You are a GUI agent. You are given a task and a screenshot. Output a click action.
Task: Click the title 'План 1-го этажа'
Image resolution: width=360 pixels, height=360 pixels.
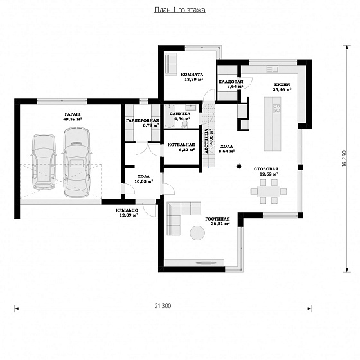point(180,10)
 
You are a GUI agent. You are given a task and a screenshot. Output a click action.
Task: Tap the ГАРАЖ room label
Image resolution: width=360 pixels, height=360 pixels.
point(73,114)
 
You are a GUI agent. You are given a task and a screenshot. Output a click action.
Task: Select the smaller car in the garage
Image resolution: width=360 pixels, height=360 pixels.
point(44,161)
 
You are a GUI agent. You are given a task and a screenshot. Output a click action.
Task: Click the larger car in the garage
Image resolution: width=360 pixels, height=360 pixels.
point(76,162)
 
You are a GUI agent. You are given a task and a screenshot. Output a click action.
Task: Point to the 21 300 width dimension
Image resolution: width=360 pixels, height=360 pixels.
point(163,305)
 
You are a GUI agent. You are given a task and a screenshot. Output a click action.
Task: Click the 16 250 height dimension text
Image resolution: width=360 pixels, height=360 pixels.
point(344,158)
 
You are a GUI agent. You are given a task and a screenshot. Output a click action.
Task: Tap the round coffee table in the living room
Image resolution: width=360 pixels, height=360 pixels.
point(197,233)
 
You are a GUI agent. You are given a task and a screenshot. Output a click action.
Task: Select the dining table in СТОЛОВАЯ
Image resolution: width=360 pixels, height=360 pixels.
point(269,192)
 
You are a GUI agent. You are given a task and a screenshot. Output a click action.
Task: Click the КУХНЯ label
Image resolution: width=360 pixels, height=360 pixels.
point(282,84)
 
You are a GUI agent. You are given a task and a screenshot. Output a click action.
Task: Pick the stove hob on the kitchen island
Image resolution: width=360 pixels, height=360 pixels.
point(276,108)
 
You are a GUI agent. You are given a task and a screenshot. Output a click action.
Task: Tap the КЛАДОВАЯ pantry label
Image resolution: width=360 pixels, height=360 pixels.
point(231,82)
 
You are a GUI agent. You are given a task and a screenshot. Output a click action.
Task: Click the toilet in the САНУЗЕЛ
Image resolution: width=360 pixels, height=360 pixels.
point(185,124)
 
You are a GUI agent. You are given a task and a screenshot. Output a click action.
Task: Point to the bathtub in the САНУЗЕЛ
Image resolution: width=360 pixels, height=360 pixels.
point(170,116)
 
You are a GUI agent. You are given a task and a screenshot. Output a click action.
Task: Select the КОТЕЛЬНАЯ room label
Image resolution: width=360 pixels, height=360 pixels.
point(181,145)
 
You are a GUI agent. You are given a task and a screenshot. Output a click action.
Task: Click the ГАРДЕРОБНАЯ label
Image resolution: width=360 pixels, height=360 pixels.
point(142,120)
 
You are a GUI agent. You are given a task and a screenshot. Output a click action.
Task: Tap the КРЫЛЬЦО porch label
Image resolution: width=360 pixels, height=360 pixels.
point(127,210)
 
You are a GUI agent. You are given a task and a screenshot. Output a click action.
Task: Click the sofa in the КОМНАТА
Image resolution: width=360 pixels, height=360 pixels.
point(171,64)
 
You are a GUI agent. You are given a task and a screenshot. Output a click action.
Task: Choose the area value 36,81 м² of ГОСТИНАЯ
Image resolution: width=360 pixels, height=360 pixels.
point(221,224)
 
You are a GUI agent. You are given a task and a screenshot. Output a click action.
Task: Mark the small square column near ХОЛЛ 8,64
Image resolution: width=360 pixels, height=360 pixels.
point(239,166)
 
